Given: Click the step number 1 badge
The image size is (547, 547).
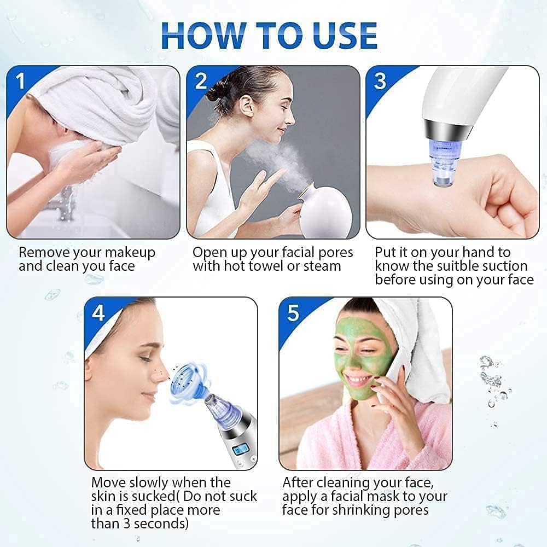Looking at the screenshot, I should coord(21,81).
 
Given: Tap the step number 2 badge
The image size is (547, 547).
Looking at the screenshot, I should coord(201,81).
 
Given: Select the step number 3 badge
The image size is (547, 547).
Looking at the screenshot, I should coord(380,81).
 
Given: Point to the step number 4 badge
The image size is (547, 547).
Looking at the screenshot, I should coord(98,313).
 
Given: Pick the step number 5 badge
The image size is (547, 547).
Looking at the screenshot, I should coord(293,313).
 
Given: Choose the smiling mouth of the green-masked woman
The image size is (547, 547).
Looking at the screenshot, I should coord(358,379).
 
